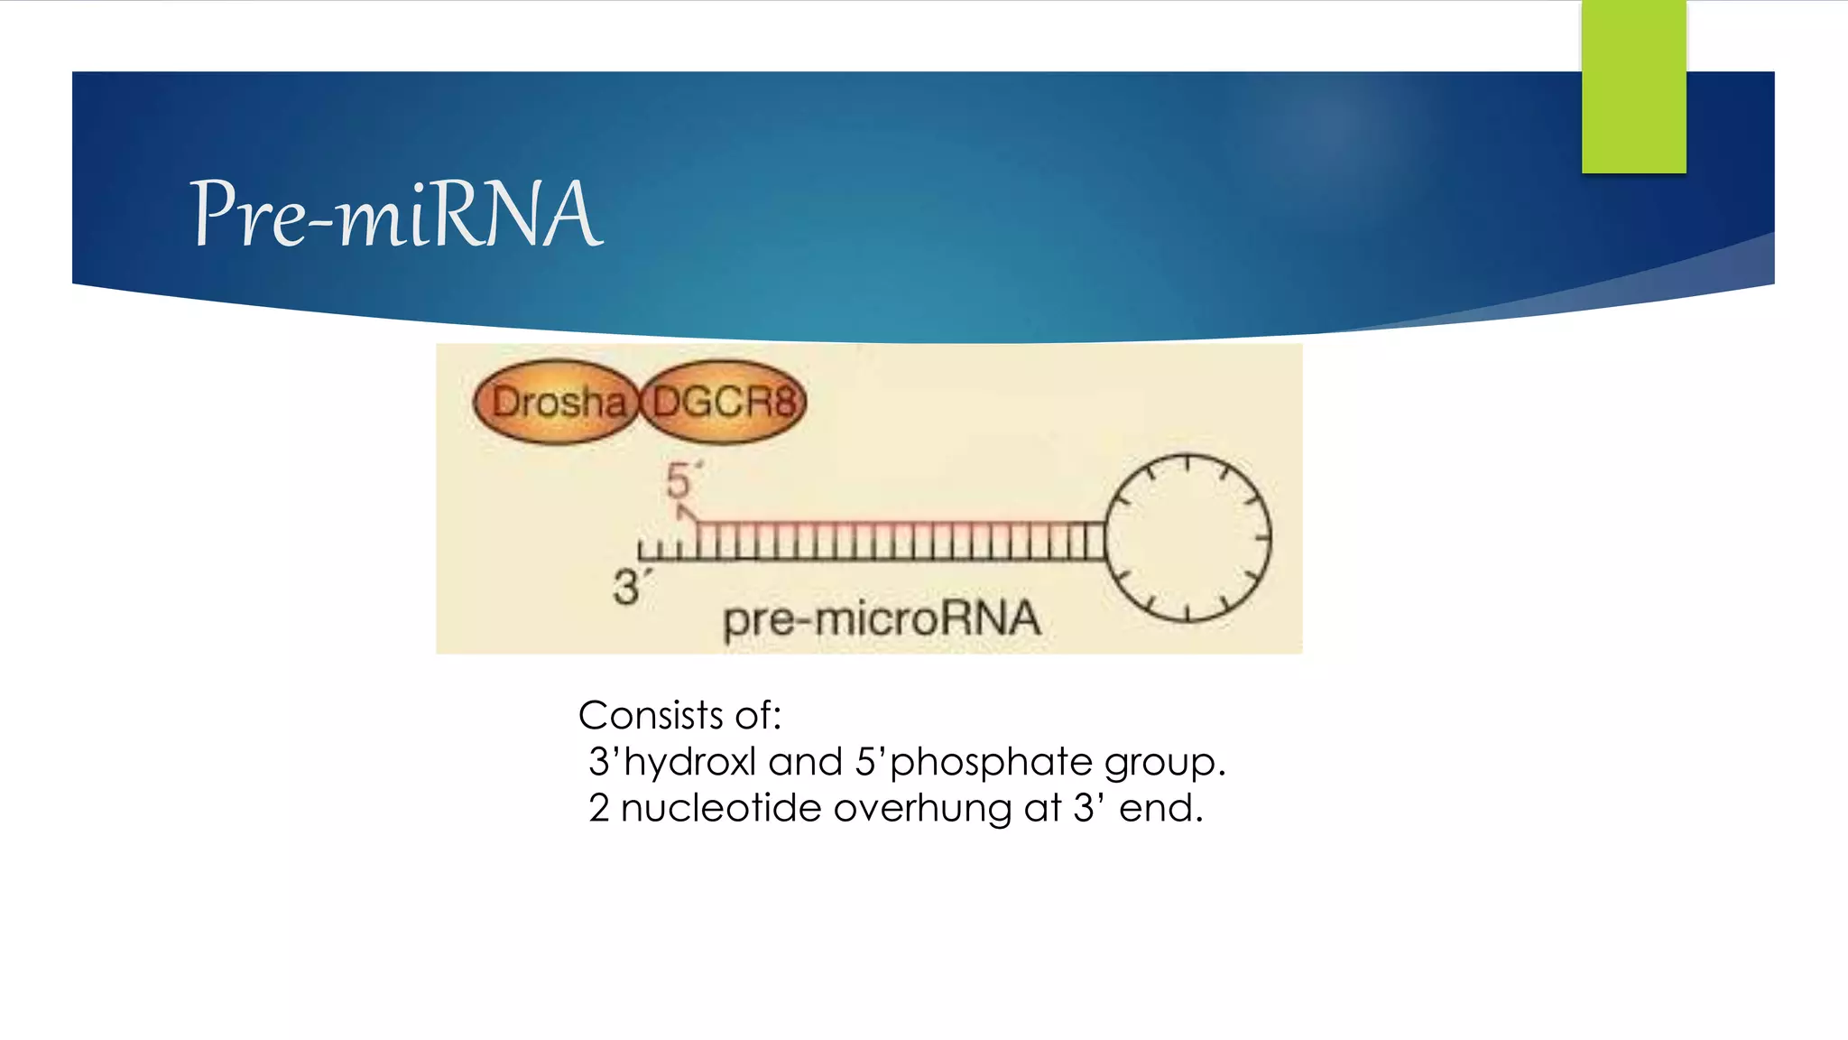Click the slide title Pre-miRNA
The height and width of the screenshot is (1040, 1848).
coord(395,214)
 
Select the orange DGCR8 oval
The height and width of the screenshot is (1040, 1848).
coord(724,402)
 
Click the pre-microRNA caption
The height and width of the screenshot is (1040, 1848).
coord(882,619)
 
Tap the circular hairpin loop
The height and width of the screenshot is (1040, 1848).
coord(1187,538)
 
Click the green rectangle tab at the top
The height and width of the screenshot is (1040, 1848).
coord(1633,87)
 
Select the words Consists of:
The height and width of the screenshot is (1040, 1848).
coord(679,716)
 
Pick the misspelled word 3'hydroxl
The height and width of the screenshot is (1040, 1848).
coord(671,763)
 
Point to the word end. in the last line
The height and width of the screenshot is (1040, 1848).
coord(1160,808)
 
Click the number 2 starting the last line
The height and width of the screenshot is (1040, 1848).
coord(599,808)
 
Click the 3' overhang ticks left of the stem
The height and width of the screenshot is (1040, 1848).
coord(665,550)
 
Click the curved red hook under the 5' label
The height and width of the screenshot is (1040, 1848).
coord(688,514)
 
